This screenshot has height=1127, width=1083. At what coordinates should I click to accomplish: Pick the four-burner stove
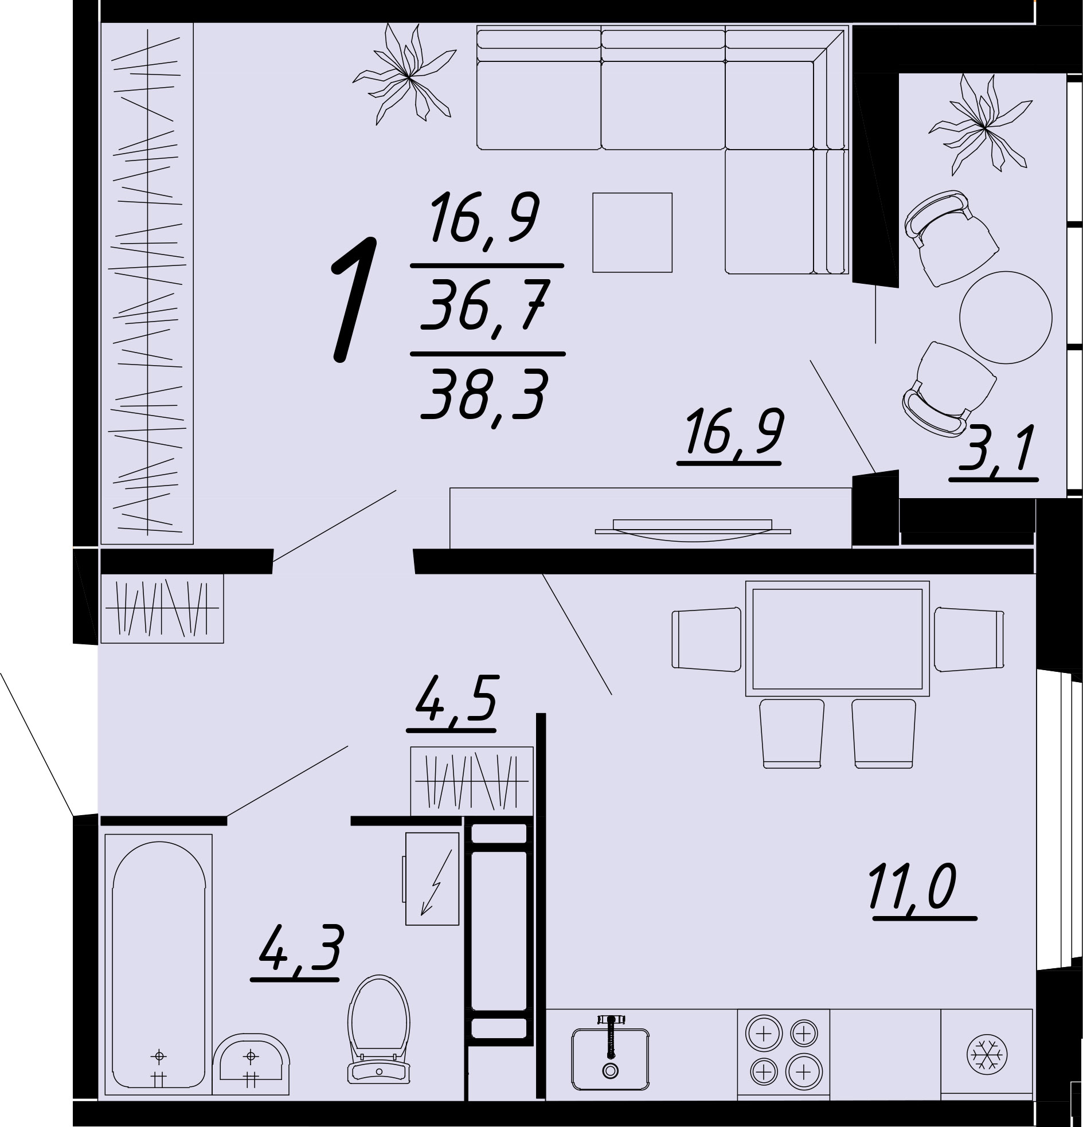click(x=783, y=1052)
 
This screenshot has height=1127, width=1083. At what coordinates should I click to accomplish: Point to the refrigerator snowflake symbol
click(x=987, y=1055)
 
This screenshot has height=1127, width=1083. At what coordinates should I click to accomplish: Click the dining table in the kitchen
click(x=838, y=638)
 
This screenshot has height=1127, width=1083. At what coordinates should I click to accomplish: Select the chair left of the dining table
click(x=706, y=639)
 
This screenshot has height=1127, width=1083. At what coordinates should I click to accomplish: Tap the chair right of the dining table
click(x=969, y=639)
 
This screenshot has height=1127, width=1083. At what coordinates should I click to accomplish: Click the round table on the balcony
click(x=1006, y=318)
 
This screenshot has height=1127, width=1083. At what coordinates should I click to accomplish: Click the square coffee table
click(x=633, y=232)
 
